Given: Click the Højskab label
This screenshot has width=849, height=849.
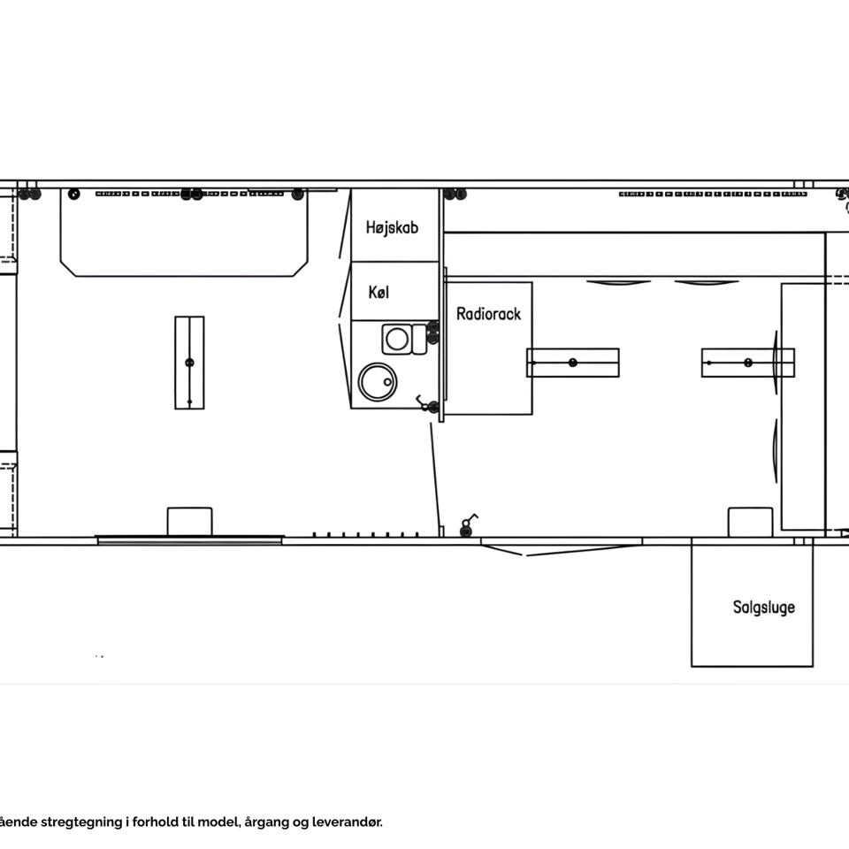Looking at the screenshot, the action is [x=392, y=227].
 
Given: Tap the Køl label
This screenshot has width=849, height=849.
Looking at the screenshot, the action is [x=379, y=293].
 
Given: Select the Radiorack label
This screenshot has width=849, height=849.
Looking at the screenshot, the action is [x=488, y=314].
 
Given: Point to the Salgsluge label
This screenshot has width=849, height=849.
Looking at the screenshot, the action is [x=763, y=607].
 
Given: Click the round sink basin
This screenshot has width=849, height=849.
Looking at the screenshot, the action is [x=378, y=382].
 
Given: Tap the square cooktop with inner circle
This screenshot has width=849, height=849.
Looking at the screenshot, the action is [x=397, y=340].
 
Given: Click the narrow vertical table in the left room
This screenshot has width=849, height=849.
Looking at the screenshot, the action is [x=189, y=363].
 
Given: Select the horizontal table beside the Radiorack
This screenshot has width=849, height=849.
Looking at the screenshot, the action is [x=573, y=363].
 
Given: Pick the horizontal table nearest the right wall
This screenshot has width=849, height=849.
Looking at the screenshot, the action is [x=748, y=363].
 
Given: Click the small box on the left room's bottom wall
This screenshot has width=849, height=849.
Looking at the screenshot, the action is [x=189, y=522].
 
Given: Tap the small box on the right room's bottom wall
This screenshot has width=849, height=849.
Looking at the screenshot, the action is [x=750, y=523].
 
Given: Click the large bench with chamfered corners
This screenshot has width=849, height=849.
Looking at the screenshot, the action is [x=184, y=233].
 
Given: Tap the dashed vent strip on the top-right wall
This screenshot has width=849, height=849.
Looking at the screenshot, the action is [x=713, y=194].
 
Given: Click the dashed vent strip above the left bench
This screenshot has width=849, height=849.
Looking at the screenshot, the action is [x=189, y=194].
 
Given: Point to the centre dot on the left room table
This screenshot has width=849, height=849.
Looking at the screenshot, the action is [x=189, y=363].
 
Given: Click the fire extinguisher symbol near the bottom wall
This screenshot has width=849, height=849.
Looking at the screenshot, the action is [x=468, y=525].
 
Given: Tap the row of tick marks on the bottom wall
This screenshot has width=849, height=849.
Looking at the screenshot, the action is [x=365, y=535].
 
